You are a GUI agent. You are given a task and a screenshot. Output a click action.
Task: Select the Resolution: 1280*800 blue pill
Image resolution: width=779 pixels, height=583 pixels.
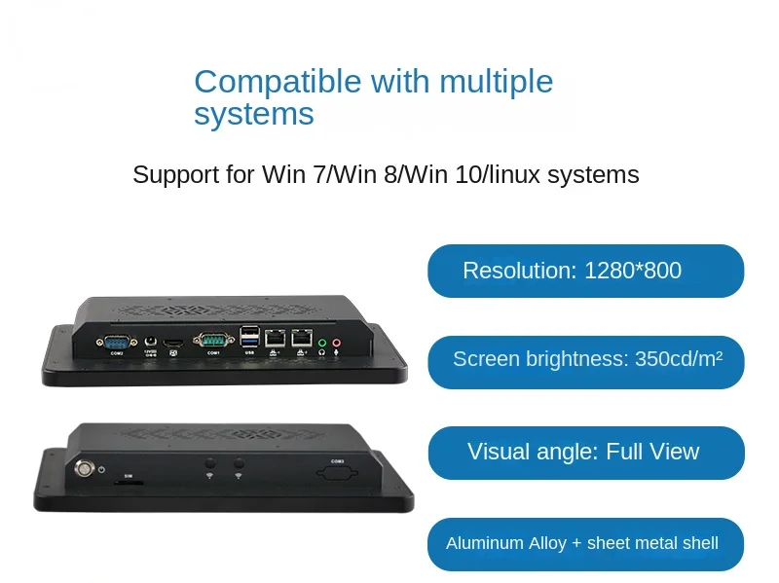coord(585,271)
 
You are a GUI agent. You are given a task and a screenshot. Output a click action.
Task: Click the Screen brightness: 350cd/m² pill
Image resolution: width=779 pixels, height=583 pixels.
coord(585,360)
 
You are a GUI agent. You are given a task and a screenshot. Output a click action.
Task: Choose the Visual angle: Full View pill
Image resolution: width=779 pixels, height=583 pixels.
coord(585,452)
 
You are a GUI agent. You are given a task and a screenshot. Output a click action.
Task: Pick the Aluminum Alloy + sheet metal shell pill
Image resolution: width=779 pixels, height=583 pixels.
coord(585,543)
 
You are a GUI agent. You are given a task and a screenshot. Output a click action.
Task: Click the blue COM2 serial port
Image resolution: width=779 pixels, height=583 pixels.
coord(117,342)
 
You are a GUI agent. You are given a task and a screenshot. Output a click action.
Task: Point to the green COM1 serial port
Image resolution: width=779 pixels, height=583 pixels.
coord(213,340)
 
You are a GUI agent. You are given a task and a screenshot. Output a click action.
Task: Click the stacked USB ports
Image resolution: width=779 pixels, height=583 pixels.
coord(249,337)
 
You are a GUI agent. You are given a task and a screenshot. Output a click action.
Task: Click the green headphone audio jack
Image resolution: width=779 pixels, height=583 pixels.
coord(322,343)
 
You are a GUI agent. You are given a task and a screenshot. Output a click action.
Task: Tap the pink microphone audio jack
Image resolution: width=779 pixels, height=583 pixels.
coord(337,343)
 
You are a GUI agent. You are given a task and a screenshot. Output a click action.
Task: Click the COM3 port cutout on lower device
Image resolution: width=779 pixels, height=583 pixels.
coord(338,474)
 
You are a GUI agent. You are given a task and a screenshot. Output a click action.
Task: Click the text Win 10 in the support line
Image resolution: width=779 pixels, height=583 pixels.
coord(443,175)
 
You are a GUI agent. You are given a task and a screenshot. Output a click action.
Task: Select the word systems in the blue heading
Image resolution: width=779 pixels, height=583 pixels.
coord(254,115)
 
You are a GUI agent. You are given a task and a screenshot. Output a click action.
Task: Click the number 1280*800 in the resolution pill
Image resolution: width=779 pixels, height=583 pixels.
coord(633,271)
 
